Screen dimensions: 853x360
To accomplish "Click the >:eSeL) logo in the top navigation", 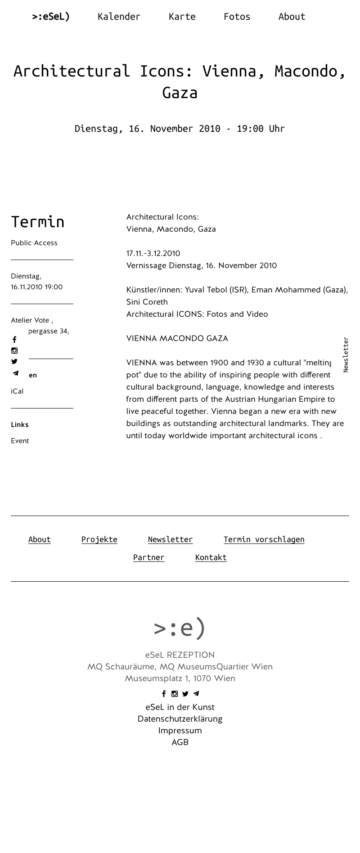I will click(x=51, y=17).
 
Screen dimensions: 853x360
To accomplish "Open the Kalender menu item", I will click(x=119, y=17).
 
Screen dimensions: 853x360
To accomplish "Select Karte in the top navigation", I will click(x=182, y=17).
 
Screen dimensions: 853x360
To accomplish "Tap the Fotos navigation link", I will click(x=237, y=17).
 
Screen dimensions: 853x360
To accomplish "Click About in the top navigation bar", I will click(x=292, y=17).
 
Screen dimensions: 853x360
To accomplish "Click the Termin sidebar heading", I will click(x=38, y=222).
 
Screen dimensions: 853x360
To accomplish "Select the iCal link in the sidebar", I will click(x=17, y=391).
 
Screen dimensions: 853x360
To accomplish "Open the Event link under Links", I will click(x=20, y=441).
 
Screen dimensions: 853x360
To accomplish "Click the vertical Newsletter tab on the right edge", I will click(x=346, y=355).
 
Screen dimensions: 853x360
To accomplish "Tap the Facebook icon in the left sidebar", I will click(x=14, y=340).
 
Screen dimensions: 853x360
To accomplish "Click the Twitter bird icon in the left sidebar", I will click(x=14, y=361).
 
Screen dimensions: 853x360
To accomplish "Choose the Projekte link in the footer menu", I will click(x=99, y=539).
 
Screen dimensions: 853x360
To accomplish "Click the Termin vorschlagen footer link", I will click(x=264, y=539).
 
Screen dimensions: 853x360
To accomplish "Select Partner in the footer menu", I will click(x=148, y=557).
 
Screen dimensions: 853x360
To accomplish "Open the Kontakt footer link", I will click(x=211, y=557).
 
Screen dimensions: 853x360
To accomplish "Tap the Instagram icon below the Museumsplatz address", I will click(x=175, y=694).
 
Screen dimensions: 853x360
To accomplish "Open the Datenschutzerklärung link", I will click(x=180, y=719).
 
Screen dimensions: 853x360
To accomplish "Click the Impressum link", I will click(x=180, y=731).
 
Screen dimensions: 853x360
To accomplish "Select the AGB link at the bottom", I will click(x=180, y=742).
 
